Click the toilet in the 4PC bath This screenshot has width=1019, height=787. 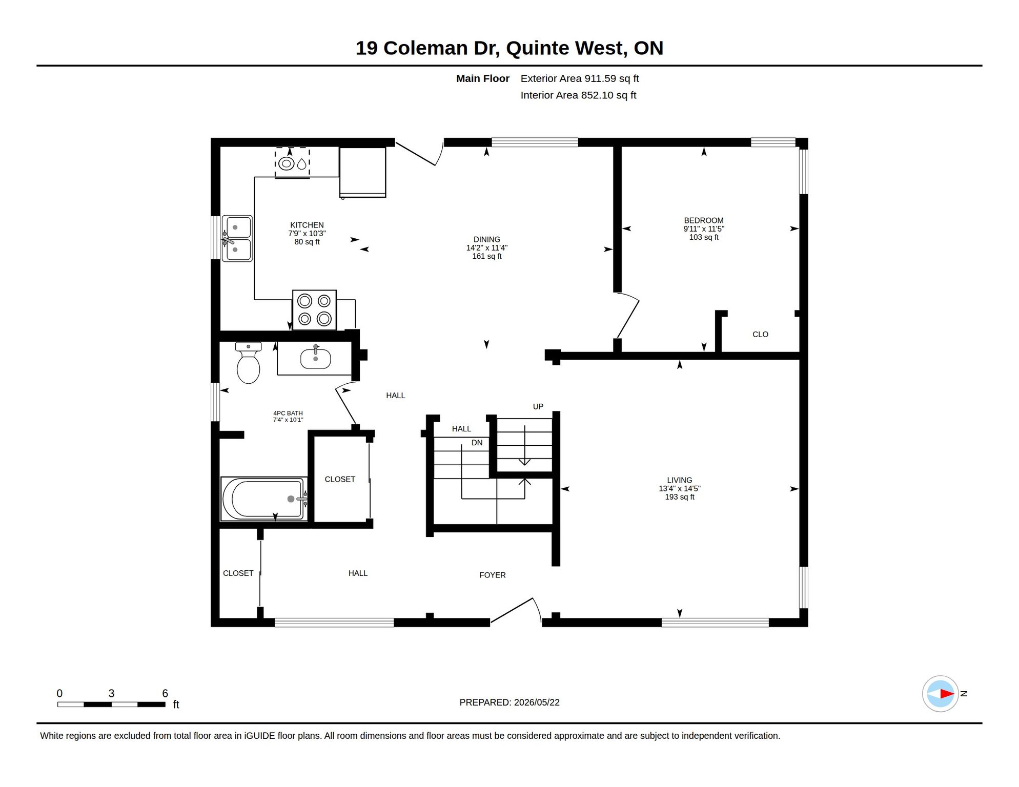(x=249, y=362)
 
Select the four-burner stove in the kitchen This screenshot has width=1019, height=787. (x=314, y=310)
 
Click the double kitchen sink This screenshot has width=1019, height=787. (x=237, y=239)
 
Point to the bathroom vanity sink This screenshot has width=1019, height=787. (x=315, y=357)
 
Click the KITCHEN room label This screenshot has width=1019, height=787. (x=307, y=225)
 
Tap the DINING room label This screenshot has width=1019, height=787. (x=487, y=239)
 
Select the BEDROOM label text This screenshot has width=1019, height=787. (x=704, y=220)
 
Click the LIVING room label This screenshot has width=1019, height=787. (x=680, y=480)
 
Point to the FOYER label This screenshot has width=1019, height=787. (x=493, y=575)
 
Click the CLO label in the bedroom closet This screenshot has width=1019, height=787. (x=760, y=334)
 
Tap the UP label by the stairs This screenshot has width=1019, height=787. (x=538, y=406)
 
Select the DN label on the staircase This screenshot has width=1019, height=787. (x=477, y=443)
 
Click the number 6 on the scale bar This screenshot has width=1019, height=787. (x=165, y=693)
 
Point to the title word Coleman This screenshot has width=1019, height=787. (x=425, y=48)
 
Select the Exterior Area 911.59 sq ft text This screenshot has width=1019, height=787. (x=580, y=78)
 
